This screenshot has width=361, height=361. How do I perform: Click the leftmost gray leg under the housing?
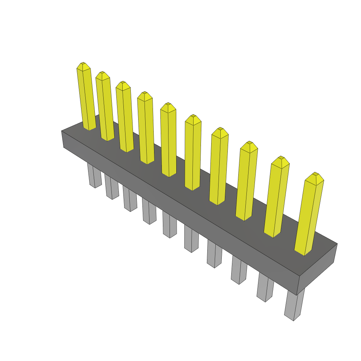click(x=94, y=176)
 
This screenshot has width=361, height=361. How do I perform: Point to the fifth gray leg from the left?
click(x=170, y=226)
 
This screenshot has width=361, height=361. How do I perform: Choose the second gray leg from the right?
click(x=265, y=287)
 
